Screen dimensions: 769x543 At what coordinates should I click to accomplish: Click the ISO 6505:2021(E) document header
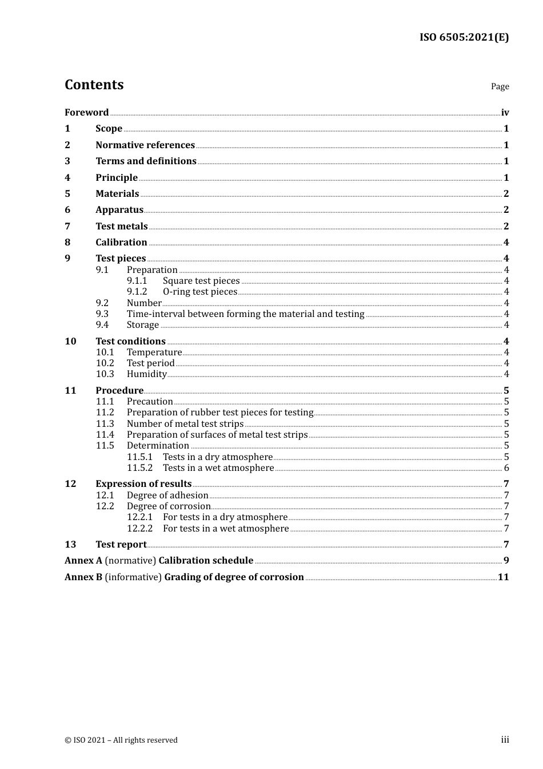[464, 38]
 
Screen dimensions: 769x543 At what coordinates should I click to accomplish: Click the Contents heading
[94, 85]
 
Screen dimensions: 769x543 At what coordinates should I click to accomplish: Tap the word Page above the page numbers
[500, 86]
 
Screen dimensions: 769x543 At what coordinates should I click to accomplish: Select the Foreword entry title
[86, 113]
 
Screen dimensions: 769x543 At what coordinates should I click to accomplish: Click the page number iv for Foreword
[505, 113]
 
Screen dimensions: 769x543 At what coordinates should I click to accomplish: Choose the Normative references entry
[145, 145]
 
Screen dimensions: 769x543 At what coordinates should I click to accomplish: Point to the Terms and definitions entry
[146, 161]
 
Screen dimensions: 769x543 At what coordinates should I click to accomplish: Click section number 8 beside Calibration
[67, 243]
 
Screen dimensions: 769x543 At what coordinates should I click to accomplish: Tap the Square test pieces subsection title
[201, 281]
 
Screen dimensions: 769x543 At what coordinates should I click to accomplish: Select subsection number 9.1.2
[137, 292]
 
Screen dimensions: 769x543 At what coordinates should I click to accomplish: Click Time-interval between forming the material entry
[245, 314]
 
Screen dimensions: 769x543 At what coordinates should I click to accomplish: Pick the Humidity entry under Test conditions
[146, 374]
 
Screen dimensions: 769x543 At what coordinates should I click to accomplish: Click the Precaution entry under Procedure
[150, 402]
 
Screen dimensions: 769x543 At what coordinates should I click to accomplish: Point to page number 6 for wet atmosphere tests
[506, 468]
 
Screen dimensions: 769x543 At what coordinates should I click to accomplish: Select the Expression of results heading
[143, 484]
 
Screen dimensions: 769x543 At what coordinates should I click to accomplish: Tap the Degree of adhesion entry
[167, 496]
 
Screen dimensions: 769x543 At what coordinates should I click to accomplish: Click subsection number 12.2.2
[139, 529]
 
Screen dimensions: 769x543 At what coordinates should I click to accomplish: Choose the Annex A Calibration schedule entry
[159, 561]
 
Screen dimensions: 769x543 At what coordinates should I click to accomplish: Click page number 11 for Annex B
[503, 577]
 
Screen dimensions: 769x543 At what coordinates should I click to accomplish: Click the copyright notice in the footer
[121, 740]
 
